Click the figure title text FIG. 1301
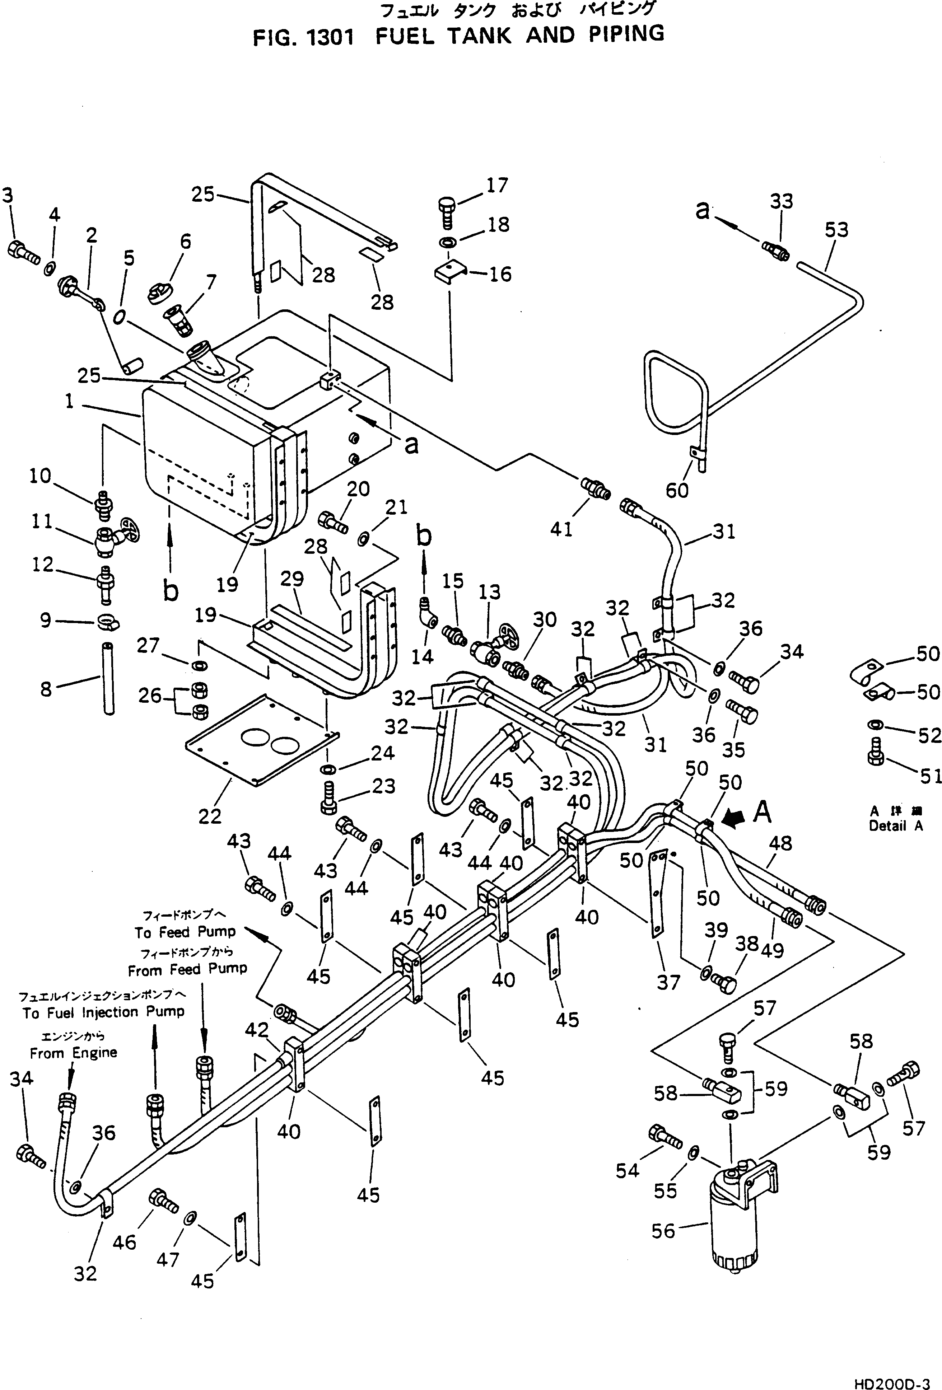[303, 38]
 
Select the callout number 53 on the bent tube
[836, 230]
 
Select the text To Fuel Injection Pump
[103, 1012]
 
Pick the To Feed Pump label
[185, 932]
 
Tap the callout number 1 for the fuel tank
[69, 401]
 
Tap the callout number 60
[677, 491]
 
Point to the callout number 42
[257, 1029]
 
